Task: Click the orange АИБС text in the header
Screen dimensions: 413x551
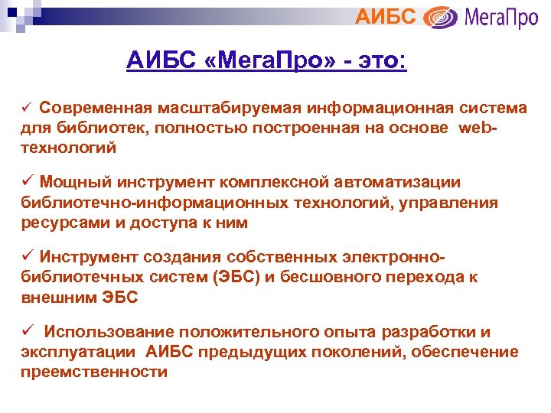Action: click(x=386, y=15)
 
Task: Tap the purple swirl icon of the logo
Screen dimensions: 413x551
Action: click(x=441, y=17)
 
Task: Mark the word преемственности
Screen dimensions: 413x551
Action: click(x=93, y=372)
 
